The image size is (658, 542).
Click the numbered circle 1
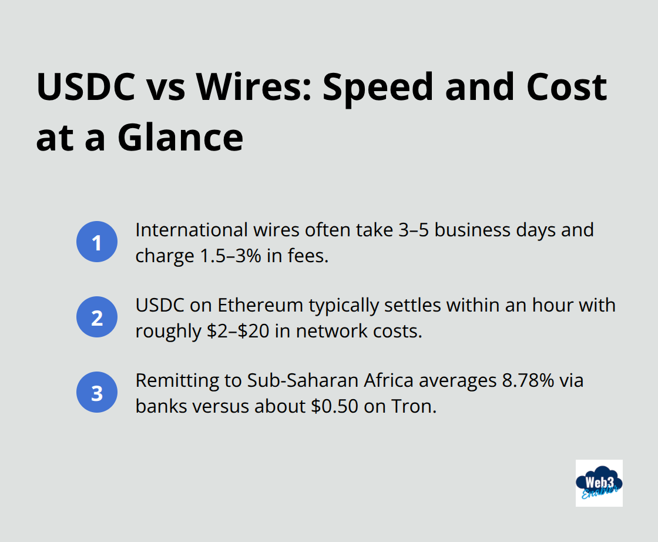[x=97, y=242]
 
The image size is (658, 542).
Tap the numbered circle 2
[x=97, y=317]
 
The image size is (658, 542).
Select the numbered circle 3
[x=97, y=393]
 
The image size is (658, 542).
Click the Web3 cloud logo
[x=599, y=483]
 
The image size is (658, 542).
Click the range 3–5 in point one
[x=410, y=229]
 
